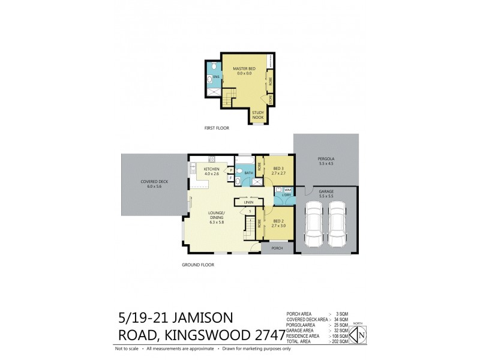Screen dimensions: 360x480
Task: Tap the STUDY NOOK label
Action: (257, 115)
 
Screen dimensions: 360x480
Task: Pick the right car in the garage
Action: (338, 224)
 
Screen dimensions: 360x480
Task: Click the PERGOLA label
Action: (326, 161)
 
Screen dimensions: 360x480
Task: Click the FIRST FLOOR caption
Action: (217, 128)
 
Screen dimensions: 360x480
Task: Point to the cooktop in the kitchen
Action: (211, 159)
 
